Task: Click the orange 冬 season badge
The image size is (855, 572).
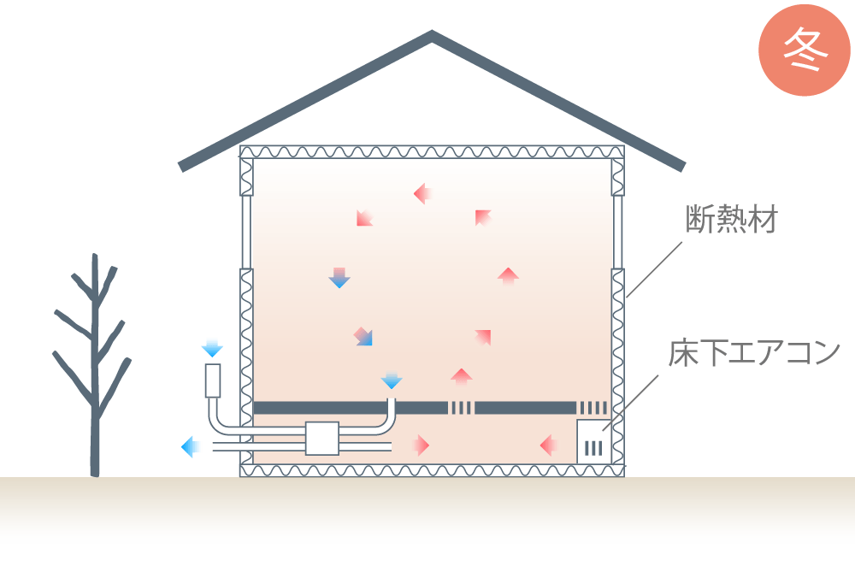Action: coord(805,50)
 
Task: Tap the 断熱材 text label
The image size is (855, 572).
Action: coord(731,219)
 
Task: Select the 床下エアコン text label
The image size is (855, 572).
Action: coord(754,353)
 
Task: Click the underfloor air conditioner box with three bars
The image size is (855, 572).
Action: coord(593,442)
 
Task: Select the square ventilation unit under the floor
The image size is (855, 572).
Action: coord(322,439)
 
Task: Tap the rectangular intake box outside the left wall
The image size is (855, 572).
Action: coord(213,380)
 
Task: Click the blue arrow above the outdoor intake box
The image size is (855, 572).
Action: coord(212,348)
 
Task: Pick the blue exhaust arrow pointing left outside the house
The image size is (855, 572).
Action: coord(191,447)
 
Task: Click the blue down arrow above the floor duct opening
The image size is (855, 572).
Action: coord(392,380)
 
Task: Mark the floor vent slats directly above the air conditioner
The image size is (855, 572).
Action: coord(593,408)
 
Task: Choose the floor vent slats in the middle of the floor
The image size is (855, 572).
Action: coord(462,408)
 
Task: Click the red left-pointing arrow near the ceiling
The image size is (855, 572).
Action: coord(422,193)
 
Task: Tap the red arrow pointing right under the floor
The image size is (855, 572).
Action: coord(421,445)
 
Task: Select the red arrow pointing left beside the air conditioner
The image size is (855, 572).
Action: coord(549,445)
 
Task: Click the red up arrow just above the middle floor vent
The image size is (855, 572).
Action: coord(462,377)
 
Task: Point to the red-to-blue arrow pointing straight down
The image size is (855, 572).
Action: coord(339,278)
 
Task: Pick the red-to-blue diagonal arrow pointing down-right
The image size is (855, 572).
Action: coord(363,337)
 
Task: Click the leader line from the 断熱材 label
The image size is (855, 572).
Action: coord(654,269)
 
